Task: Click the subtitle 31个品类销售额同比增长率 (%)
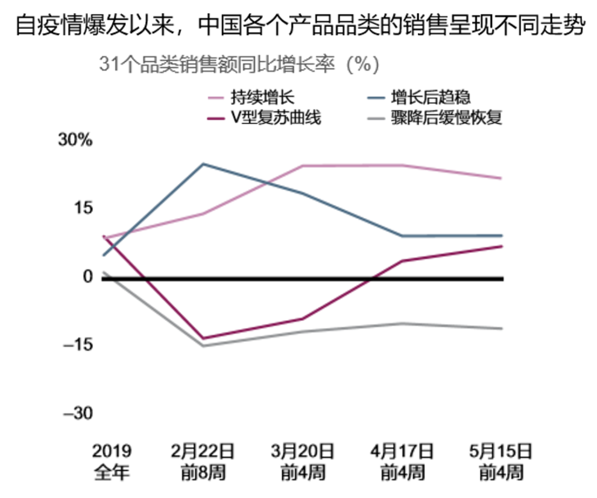[x=239, y=65]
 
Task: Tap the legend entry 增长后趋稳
[x=430, y=96]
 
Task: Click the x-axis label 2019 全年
[x=112, y=462]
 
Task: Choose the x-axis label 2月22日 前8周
[x=203, y=462]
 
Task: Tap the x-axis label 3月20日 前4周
[x=302, y=462]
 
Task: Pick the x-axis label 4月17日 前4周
[x=402, y=462]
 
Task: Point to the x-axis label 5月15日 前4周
[x=501, y=462]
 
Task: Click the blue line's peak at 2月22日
[x=203, y=163]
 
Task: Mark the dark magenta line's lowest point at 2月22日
[x=203, y=338]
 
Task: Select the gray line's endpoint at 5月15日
[x=501, y=329]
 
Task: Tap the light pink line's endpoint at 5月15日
[x=501, y=178]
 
